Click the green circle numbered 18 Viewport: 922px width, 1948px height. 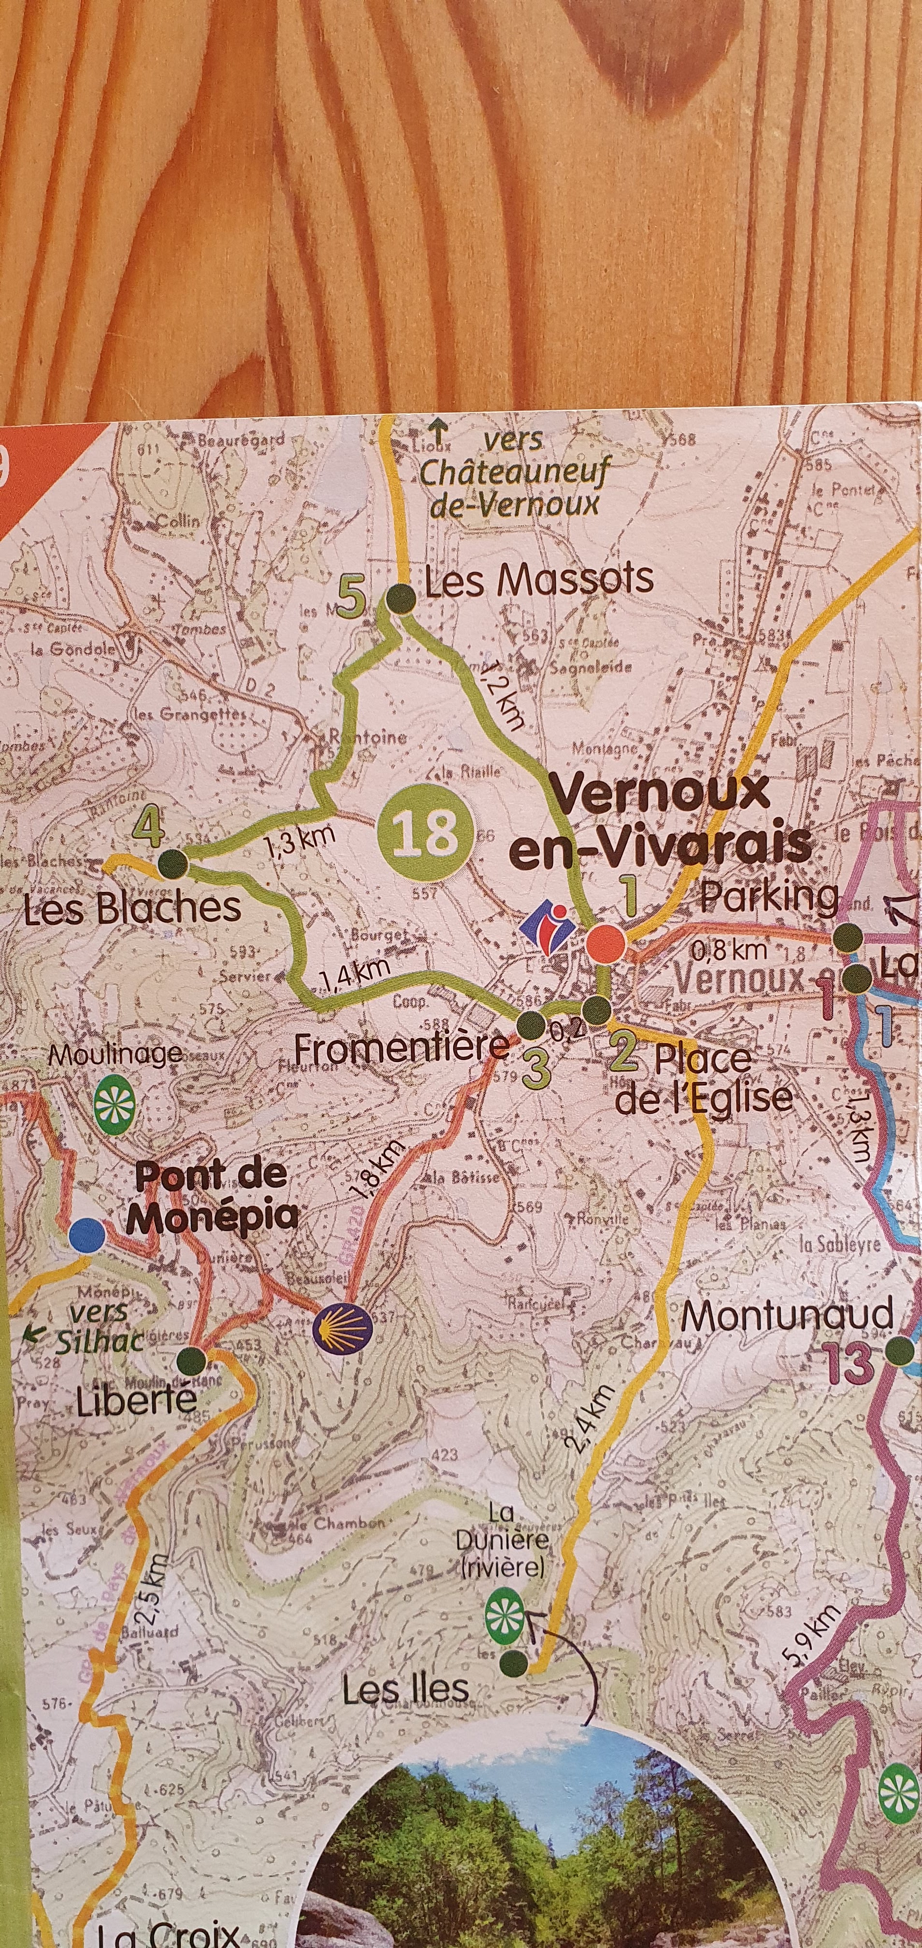424,833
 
